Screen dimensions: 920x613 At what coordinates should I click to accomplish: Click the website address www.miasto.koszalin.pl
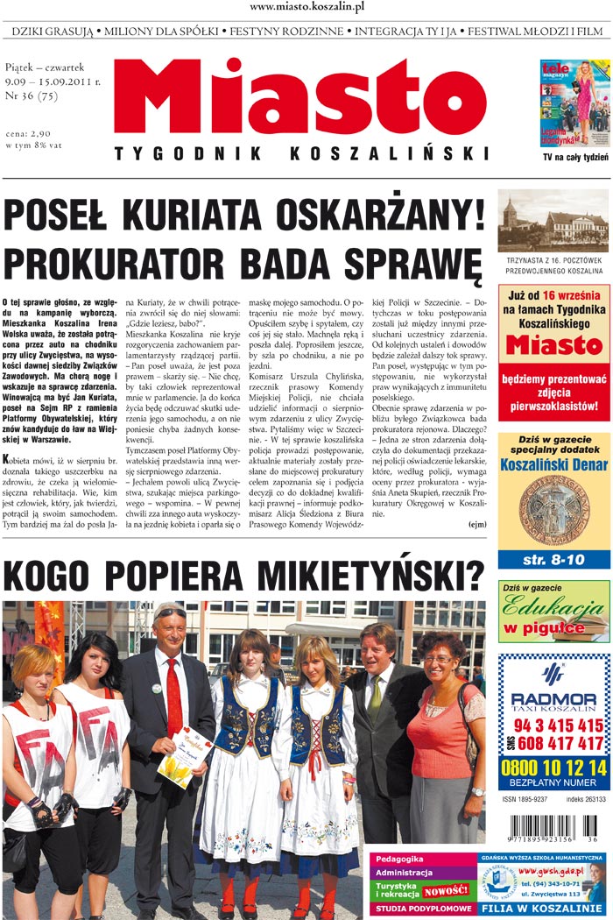click(x=306, y=7)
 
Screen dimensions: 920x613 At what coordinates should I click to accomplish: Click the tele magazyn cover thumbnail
click(x=574, y=102)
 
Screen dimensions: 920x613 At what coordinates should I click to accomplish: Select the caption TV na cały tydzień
click(x=575, y=159)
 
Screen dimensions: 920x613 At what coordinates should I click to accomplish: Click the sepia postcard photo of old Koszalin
click(x=553, y=221)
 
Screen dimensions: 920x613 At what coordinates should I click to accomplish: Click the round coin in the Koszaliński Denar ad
click(x=553, y=510)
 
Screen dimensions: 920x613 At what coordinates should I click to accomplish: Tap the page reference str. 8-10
click(x=553, y=558)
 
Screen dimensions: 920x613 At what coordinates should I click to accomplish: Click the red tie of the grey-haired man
click(x=173, y=697)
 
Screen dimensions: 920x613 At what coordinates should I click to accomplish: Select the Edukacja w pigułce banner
click(x=553, y=612)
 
